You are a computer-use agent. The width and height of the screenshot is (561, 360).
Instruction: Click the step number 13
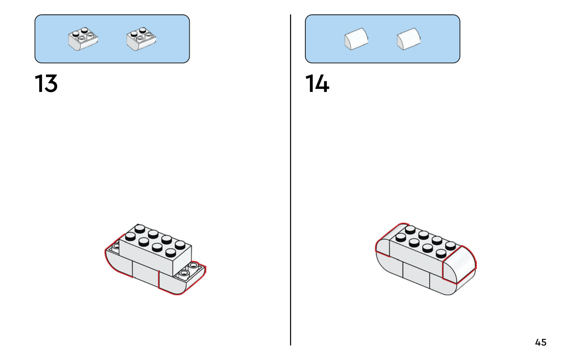(x=46, y=84)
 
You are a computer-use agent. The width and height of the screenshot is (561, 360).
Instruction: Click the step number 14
(x=317, y=84)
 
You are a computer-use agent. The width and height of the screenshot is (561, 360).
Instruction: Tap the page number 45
(x=541, y=342)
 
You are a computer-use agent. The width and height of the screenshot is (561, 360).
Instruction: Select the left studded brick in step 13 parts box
(x=83, y=39)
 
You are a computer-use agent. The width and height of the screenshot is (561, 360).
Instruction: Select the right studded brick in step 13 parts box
(x=141, y=39)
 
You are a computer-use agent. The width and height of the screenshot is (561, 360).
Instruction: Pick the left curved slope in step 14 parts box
(x=356, y=39)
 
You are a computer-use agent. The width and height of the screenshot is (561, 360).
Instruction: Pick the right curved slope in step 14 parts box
(x=408, y=39)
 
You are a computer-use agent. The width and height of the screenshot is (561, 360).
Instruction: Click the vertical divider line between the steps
(x=291, y=180)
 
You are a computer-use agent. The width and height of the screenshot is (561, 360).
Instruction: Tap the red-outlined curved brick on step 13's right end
(x=182, y=278)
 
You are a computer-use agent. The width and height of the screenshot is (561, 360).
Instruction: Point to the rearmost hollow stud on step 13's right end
(x=193, y=265)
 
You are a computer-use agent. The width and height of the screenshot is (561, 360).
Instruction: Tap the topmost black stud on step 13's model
(x=140, y=229)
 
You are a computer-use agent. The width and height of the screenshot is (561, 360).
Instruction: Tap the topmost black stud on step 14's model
(x=410, y=229)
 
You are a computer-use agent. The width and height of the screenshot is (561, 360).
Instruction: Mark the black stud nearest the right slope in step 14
(x=441, y=253)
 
